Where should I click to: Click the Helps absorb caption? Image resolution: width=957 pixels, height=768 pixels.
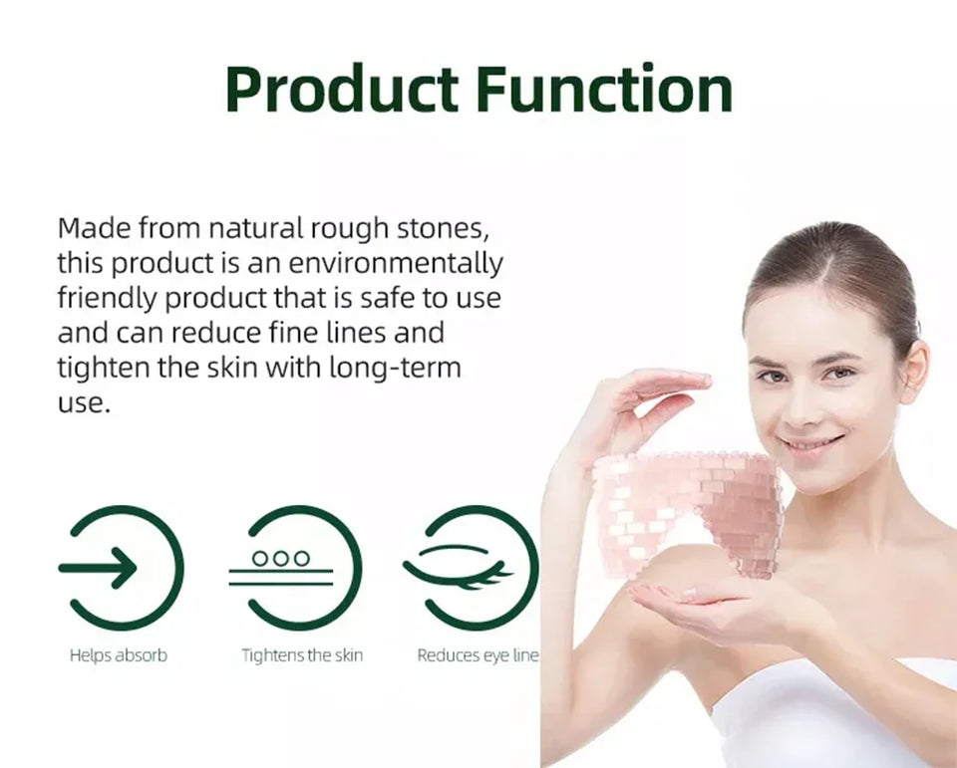[119, 655]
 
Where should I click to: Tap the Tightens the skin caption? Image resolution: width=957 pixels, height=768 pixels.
[302, 655]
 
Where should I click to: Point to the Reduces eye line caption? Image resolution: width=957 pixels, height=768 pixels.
[478, 655]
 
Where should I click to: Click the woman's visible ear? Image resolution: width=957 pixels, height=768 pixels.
[914, 371]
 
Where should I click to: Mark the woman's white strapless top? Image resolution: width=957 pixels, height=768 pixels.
[847, 712]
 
